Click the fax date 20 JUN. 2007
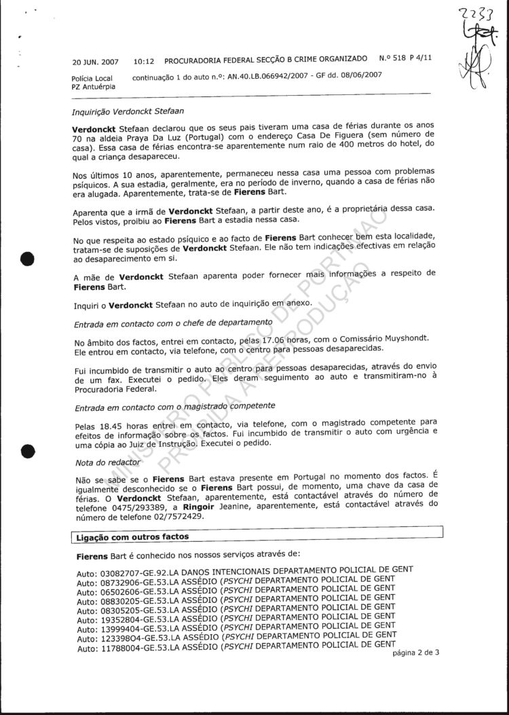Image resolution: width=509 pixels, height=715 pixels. [x=96, y=61]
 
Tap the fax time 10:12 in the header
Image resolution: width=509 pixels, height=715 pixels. [x=145, y=60]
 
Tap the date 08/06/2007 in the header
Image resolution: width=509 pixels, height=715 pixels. [x=361, y=75]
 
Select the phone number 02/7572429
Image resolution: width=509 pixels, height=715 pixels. [x=149, y=517]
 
